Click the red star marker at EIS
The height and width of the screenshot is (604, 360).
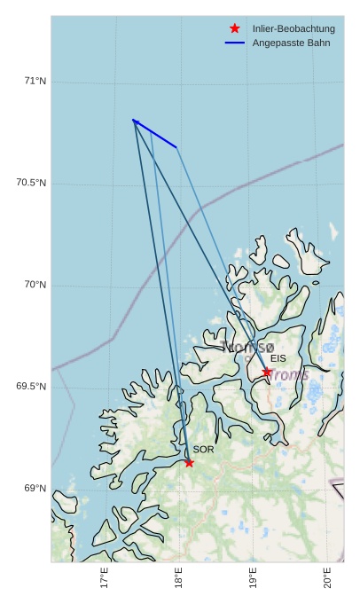pos(267,372)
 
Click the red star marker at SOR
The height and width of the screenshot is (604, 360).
pos(189,462)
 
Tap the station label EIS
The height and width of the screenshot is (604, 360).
pos(278,358)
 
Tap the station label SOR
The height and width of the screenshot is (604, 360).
pos(203,450)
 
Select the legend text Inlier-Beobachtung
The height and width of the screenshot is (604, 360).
pos(293,28)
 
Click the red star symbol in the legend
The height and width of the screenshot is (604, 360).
pos(235,28)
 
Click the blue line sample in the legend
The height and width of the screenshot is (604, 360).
pos(235,43)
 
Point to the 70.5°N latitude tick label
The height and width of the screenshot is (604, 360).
pos(31,183)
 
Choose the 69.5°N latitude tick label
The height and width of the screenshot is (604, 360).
pos(31,387)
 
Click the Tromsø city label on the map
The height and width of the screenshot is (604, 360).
pos(248,347)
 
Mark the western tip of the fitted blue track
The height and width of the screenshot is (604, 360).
pos(133,120)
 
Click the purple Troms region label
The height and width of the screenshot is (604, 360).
pos(289,375)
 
